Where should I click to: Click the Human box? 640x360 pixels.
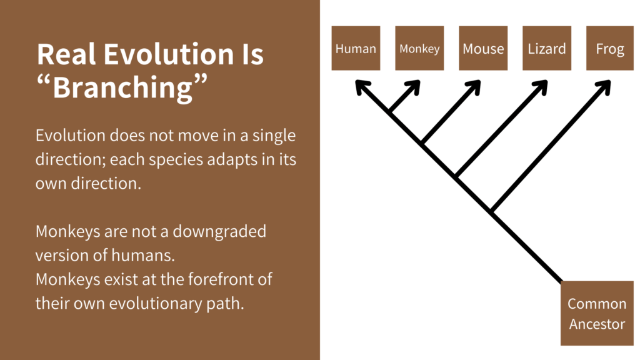pyautogui.click(x=356, y=48)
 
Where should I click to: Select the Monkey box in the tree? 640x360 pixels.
pyautogui.click(x=419, y=48)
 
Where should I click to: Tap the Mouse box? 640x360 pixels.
pyautogui.click(x=483, y=48)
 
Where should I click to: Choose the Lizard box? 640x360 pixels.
pyautogui.click(x=547, y=48)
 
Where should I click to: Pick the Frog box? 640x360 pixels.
pyautogui.click(x=610, y=48)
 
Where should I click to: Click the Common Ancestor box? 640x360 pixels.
pyautogui.click(x=596, y=314)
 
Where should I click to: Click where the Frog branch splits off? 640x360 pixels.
pyautogui.click(x=492, y=211)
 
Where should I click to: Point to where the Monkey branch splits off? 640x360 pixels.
pyautogui.click(x=390, y=112)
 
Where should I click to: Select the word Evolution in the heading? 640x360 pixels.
pyautogui.click(x=166, y=55)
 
